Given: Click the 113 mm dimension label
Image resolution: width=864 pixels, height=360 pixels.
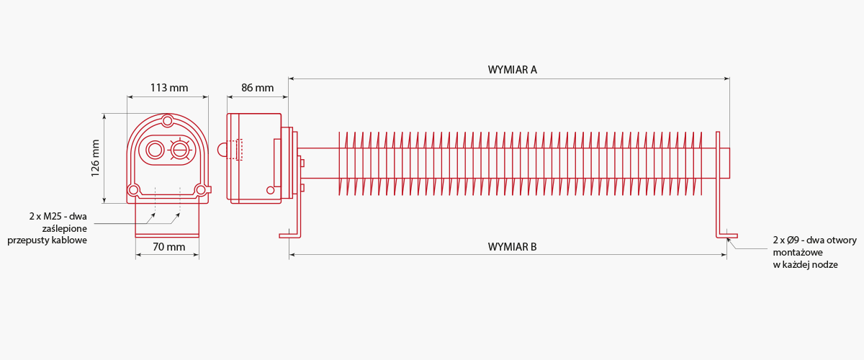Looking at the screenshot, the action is click(169, 88).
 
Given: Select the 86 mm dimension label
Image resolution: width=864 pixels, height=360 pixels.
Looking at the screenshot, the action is click(257, 88).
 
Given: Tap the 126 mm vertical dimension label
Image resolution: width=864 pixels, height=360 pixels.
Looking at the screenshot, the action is click(95, 158).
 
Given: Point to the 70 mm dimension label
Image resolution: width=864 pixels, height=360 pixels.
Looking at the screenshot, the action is click(169, 246).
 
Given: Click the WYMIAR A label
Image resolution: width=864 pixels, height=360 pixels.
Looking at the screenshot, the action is click(512, 70).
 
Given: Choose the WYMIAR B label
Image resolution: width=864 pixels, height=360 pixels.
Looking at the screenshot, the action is click(512, 247).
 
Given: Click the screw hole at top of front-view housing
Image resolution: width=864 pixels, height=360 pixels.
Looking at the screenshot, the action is click(167, 121).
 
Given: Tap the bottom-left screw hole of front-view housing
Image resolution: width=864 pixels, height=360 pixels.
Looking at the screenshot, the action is click(133, 190).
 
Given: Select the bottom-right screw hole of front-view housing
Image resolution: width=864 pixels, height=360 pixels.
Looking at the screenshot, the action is click(201, 190).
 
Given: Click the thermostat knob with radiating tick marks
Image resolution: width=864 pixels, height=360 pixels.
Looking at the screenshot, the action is click(180, 150).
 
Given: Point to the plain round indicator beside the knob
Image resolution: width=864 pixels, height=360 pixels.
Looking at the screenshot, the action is click(155, 150).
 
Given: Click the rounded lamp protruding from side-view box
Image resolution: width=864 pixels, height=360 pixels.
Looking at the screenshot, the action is click(222, 150).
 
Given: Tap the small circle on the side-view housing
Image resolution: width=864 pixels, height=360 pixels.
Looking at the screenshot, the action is click(271, 190).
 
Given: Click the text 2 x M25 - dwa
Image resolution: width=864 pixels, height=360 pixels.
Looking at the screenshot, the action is click(58, 216).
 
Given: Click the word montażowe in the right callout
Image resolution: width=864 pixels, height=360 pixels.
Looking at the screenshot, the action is click(798, 252).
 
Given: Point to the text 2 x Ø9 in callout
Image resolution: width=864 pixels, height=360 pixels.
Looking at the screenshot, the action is click(786, 240).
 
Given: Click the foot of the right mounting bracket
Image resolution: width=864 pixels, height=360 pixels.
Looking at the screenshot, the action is click(727, 235).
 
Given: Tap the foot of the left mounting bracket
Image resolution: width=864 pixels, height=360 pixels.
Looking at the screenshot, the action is click(289, 235).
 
